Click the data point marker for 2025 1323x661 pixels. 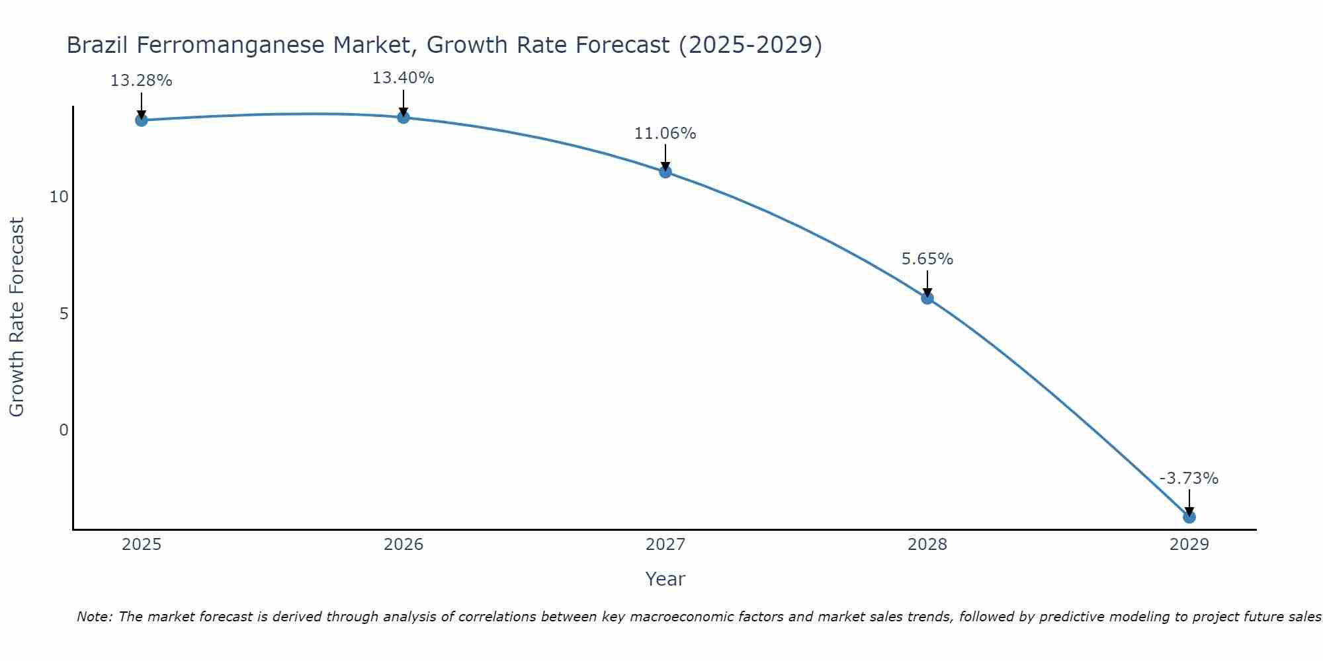pyautogui.click(x=141, y=120)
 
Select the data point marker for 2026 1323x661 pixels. pyautogui.click(x=404, y=117)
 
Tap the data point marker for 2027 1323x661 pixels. pyautogui.click(x=665, y=172)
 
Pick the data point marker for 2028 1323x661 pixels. pyautogui.click(x=927, y=298)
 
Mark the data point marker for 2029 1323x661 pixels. pyautogui.click(x=1189, y=517)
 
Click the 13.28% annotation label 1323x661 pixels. pyautogui.click(x=141, y=81)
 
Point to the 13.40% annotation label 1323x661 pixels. pyautogui.click(x=404, y=78)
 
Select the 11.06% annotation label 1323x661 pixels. pyautogui.click(x=665, y=134)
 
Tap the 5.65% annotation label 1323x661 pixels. pyautogui.click(x=927, y=259)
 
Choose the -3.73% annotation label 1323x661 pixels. pyautogui.click(x=1189, y=479)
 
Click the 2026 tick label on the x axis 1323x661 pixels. pyautogui.click(x=404, y=545)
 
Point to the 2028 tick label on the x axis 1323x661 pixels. pyautogui.click(x=927, y=545)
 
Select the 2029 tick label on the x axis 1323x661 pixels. pyautogui.click(x=1189, y=545)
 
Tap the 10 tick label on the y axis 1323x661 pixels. pyautogui.click(x=59, y=197)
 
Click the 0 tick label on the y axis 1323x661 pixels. pyautogui.click(x=64, y=430)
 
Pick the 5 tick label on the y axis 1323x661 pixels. pyautogui.click(x=64, y=314)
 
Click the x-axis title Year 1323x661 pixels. pyautogui.click(x=665, y=579)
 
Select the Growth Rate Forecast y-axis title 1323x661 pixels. pyautogui.click(x=17, y=317)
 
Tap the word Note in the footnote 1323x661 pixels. pyautogui.click(x=94, y=617)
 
